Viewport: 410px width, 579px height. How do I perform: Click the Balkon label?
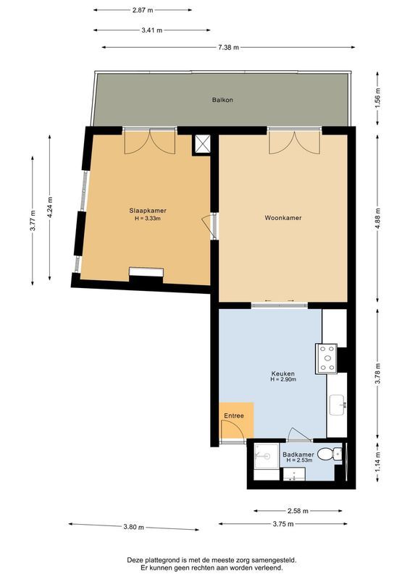[222, 99]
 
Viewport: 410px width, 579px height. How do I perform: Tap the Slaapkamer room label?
[148, 211]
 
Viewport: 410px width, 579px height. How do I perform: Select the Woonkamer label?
[283, 217]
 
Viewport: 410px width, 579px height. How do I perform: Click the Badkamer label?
[298, 454]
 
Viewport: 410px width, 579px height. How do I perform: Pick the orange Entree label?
[233, 416]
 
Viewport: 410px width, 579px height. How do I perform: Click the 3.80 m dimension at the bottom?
[133, 526]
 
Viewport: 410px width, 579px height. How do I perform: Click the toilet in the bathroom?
[332, 454]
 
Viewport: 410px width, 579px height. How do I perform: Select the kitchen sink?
[338, 405]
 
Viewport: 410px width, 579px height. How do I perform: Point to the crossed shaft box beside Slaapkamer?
[201, 144]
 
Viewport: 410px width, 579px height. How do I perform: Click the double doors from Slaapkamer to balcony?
[148, 141]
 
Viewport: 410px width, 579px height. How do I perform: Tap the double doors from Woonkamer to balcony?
[294, 141]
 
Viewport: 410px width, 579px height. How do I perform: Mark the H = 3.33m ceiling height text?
[148, 219]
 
